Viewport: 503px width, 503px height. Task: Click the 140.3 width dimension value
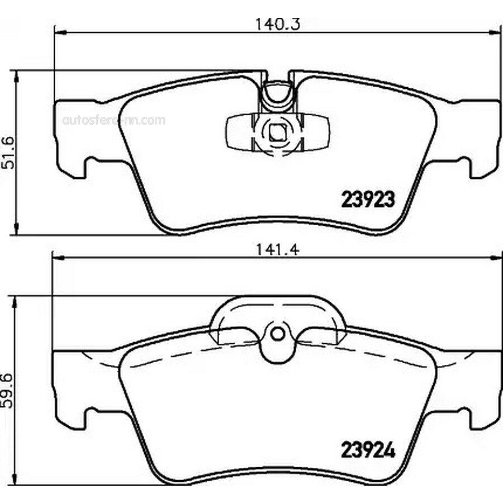[277, 24]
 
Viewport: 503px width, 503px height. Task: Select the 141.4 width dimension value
[277, 250]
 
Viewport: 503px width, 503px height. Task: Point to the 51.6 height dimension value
[8, 153]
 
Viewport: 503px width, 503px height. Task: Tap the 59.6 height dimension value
[7, 391]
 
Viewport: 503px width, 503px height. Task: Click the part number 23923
[368, 200]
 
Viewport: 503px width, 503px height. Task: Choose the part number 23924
[368, 450]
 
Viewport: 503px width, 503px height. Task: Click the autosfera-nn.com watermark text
[114, 120]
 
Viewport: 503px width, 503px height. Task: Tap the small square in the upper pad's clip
[277, 132]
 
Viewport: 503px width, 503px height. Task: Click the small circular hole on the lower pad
[278, 334]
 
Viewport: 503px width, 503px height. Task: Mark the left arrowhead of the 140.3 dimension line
[60, 32]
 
